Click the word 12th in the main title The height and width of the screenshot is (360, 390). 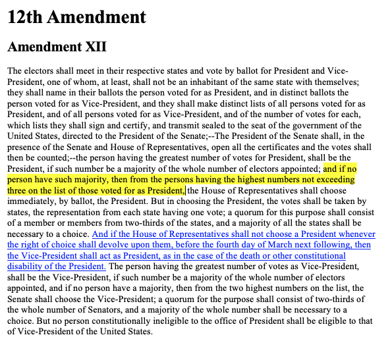[28, 16]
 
